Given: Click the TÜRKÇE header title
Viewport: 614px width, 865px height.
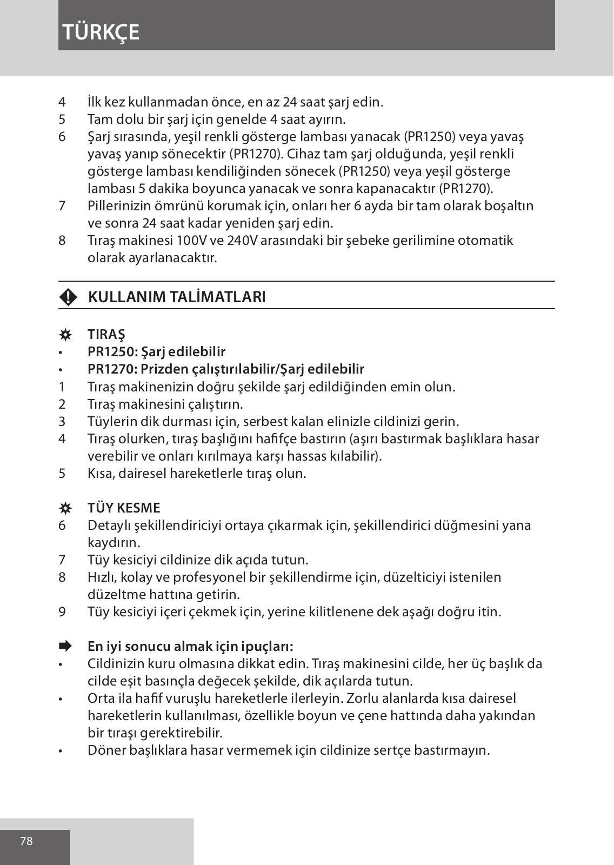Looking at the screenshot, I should point(101,32).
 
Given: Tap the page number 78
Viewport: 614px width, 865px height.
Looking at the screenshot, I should point(26,841).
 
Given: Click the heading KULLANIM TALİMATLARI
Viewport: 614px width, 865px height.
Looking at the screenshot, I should point(176,297).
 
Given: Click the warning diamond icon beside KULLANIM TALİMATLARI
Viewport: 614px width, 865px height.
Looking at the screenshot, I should point(68,297).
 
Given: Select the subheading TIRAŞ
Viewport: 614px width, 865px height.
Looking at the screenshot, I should point(106,335).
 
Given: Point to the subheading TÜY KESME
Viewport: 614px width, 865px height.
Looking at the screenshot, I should point(124,508).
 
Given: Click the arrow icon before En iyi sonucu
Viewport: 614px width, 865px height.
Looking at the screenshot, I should point(65,646).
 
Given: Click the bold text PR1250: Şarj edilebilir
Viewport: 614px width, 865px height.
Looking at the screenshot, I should point(157,352).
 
